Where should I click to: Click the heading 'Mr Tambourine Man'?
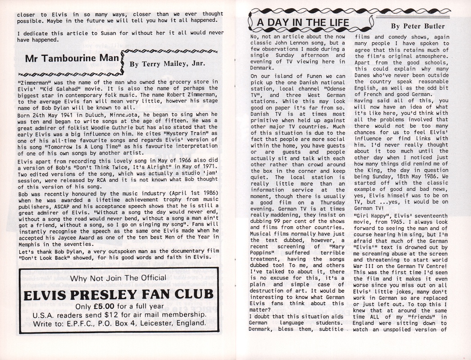72,59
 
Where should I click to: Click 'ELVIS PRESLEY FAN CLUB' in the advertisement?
112,294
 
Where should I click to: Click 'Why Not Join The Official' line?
112,278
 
